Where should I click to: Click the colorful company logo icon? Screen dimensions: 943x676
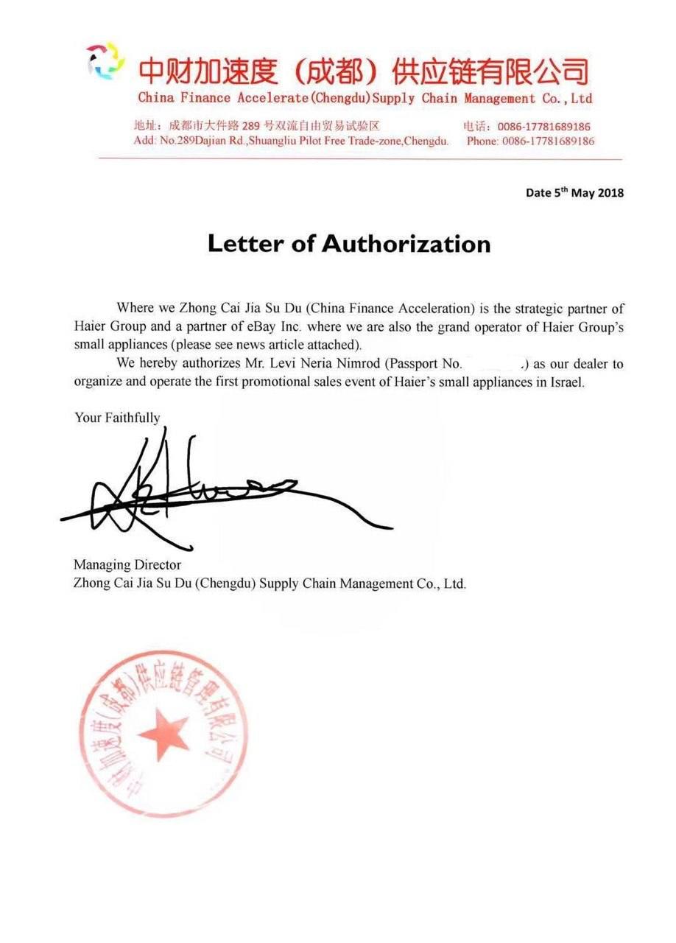(106, 60)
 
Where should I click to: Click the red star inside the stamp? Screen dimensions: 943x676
(163, 732)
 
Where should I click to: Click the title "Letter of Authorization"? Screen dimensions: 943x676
(349, 243)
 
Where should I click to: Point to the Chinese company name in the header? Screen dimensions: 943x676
(364, 71)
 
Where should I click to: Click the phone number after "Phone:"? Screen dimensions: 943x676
(548, 141)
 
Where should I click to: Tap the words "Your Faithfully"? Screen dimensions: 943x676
(117, 418)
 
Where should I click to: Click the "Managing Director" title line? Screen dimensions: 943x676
(127, 565)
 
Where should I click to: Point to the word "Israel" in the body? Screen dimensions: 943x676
(564, 383)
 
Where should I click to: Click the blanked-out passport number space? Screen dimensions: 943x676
(491, 363)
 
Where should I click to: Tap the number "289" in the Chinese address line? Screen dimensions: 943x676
(253, 126)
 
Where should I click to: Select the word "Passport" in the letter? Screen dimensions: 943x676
(409, 364)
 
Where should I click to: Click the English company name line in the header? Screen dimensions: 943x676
(365, 98)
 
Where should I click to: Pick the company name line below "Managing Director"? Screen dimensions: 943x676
(270, 583)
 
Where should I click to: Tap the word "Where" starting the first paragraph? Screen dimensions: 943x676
(135, 308)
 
